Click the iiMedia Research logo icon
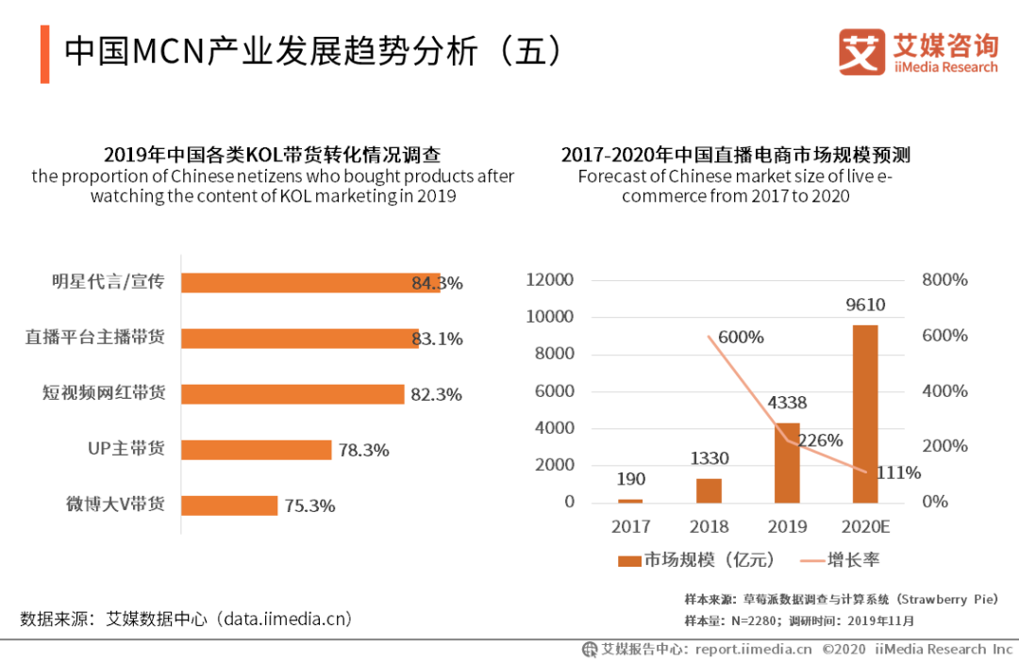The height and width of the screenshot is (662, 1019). (861, 52)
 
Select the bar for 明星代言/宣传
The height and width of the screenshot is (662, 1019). (310, 283)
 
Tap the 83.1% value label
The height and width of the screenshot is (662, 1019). (437, 339)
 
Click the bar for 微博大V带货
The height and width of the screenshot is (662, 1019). (229, 505)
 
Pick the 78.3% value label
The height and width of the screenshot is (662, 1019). (364, 451)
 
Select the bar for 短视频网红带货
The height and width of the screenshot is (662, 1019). (292, 394)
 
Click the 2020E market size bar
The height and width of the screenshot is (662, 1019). (865, 414)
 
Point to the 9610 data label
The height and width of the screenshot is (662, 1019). (865, 305)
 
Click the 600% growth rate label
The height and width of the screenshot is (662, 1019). (741, 337)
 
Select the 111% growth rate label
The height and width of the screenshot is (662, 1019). (897, 472)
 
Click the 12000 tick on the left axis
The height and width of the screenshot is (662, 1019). (549, 280)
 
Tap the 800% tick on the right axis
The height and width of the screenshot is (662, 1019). (945, 280)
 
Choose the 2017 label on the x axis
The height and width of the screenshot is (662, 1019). (630, 526)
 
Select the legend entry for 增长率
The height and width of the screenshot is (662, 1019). (839, 560)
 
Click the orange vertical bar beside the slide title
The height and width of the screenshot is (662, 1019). (44, 54)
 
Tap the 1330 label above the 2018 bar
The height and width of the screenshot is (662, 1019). (709, 458)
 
